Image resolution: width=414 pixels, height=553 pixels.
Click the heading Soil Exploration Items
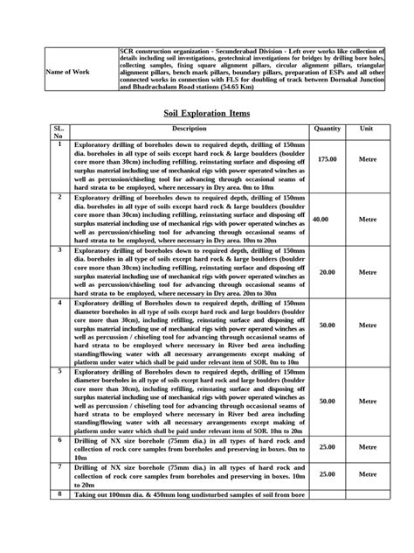[x=206, y=113]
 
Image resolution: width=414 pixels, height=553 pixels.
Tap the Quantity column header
[x=327, y=129]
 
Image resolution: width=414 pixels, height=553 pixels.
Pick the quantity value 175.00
[x=327, y=160]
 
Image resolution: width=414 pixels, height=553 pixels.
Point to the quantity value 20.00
[x=327, y=271]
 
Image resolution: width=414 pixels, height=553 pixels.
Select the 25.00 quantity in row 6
[x=327, y=447]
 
